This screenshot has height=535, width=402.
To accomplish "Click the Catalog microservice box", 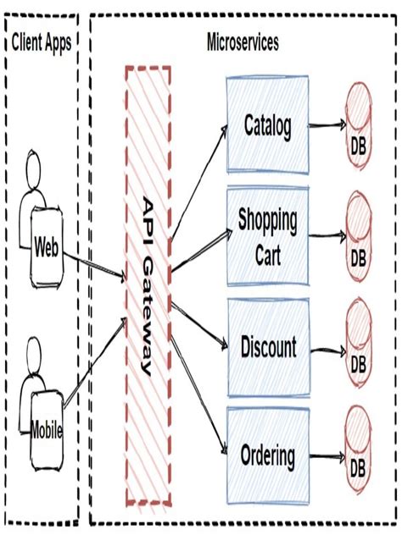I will point(267,126).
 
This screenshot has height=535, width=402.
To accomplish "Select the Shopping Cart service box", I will point(267,236).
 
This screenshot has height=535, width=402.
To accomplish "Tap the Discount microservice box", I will point(267,347).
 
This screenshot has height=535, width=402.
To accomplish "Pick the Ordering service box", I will point(267,457).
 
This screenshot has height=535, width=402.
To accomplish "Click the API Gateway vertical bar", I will point(148,288).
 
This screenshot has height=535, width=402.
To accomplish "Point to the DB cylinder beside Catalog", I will point(359,127).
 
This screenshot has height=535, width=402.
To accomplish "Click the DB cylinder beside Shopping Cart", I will point(359,236).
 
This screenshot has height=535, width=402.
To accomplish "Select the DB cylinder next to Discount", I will point(359,347).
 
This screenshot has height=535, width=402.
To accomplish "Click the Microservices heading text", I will point(243,42).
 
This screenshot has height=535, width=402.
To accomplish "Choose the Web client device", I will point(46,247).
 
